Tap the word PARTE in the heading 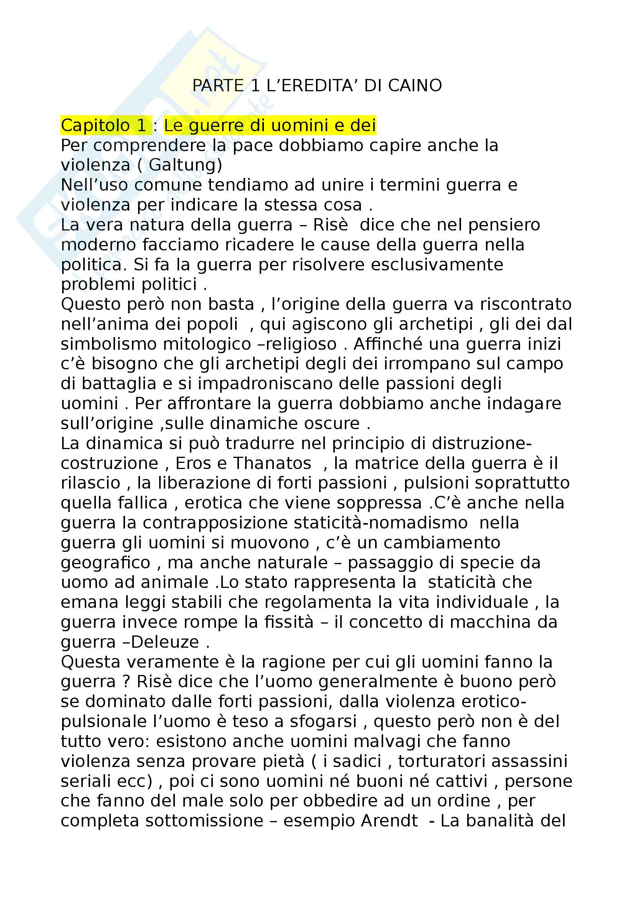[x=218, y=86]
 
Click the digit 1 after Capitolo [x=141, y=125]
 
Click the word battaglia [x=119, y=383]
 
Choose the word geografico [x=105, y=563]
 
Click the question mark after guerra [x=126, y=682]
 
